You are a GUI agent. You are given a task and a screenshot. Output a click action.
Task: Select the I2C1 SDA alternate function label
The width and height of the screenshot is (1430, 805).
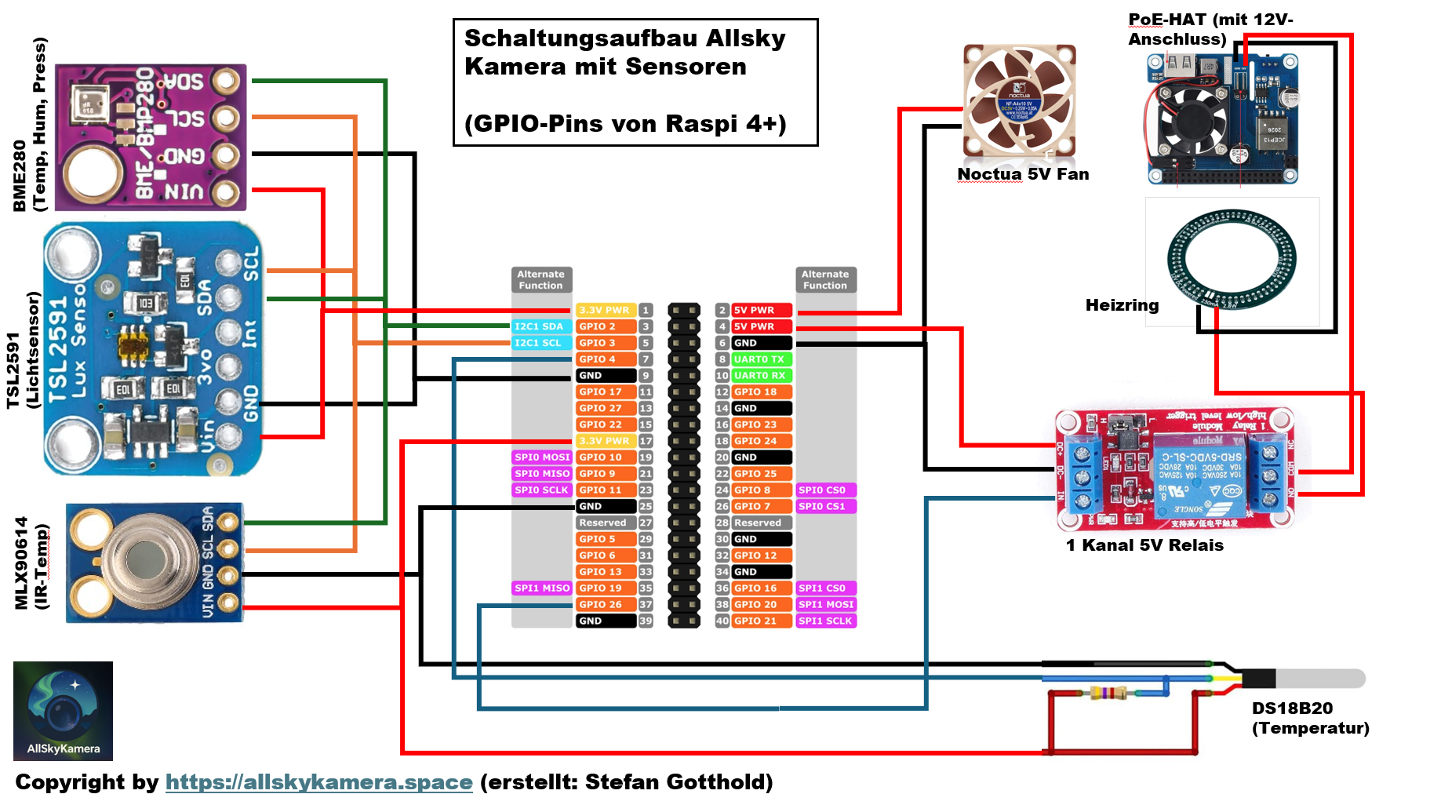pyautogui.click(x=540, y=326)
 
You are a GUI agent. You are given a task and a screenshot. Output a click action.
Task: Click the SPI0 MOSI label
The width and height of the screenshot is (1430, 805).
pyautogui.click(x=541, y=457)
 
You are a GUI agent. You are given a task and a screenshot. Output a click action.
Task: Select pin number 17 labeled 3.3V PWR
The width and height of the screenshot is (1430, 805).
pyautogui.click(x=646, y=441)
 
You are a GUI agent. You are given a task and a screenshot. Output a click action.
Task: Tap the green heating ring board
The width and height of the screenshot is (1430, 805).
pyautogui.click(x=1231, y=260)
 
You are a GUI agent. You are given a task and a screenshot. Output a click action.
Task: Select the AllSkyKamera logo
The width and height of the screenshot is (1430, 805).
pyautogui.click(x=63, y=711)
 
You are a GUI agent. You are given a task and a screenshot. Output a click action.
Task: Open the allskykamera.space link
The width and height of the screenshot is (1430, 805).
pyautogui.click(x=318, y=782)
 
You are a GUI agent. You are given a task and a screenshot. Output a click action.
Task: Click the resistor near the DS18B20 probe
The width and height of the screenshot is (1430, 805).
pyautogui.click(x=1108, y=693)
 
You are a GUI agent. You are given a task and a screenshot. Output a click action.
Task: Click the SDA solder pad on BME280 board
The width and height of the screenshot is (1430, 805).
pyautogui.click(x=226, y=81)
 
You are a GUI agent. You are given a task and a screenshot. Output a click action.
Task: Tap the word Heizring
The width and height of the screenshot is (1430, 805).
pyautogui.click(x=1122, y=305)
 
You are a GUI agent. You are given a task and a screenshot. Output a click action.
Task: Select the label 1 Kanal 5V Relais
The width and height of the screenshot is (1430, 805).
pyautogui.click(x=1144, y=545)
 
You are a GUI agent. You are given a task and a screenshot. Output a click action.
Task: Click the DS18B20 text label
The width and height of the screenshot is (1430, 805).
pyautogui.click(x=1291, y=708)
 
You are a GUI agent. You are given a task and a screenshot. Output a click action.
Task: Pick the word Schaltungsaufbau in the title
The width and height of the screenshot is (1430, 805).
pyautogui.click(x=581, y=38)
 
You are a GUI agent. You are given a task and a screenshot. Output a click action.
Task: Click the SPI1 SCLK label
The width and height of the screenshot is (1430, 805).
pyautogui.click(x=824, y=621)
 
